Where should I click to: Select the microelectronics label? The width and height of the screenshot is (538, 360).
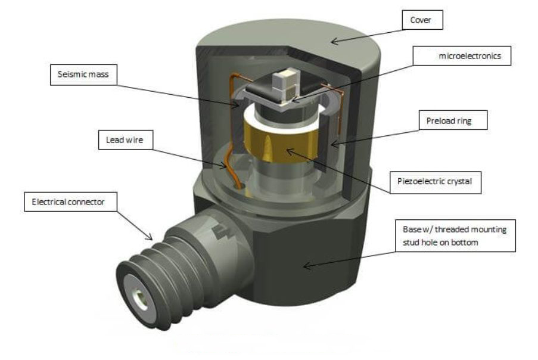466,57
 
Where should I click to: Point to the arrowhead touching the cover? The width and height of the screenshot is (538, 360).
334,42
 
